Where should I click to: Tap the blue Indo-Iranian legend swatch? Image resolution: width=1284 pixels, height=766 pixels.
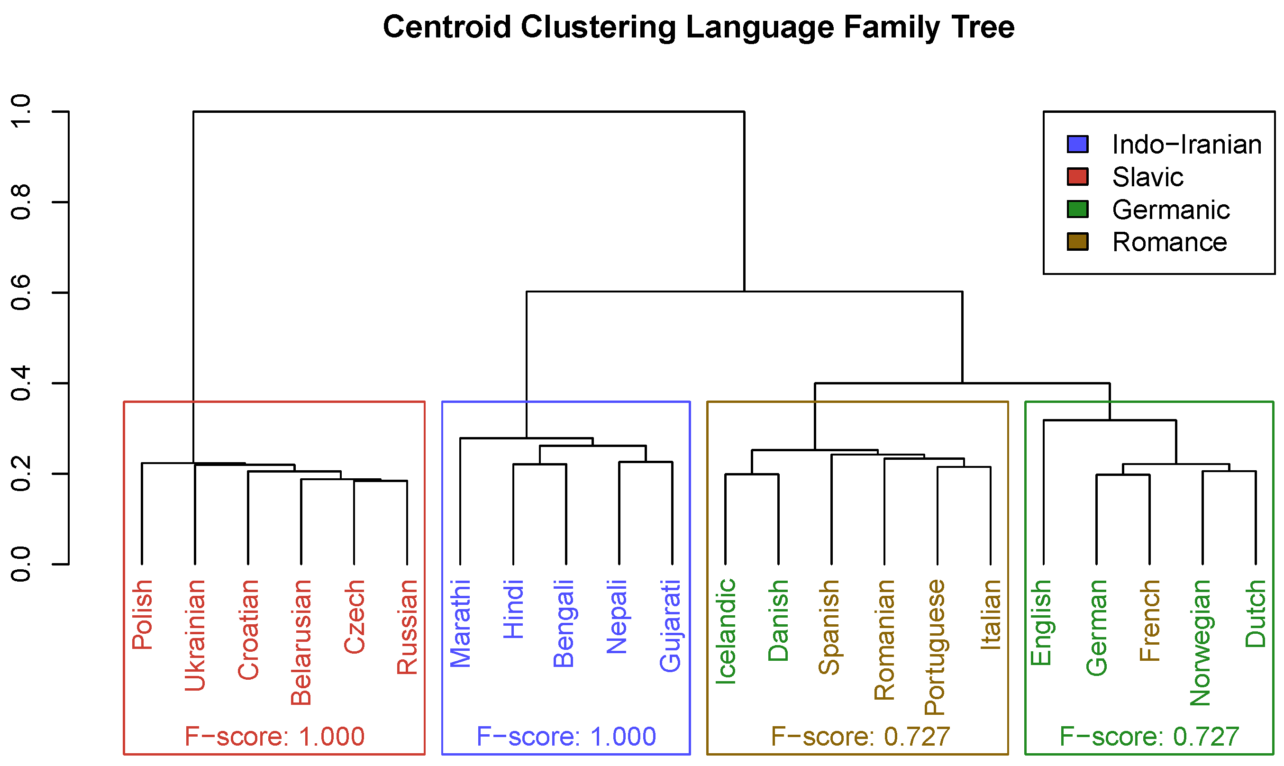coord(1077,144)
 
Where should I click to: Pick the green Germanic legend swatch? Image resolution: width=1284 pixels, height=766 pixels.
coord(1077,209)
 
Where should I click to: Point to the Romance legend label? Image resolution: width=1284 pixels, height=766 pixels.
coord(1169,242)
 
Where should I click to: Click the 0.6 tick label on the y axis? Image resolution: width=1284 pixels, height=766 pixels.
coord(21,292)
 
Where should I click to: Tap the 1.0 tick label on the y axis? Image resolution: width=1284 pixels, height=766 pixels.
coord(21,111)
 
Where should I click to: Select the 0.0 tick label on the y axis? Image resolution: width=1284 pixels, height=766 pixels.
coord(21,564)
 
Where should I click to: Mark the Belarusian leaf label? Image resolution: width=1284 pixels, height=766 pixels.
coord(301,642)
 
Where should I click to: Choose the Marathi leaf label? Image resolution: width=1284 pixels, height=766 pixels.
coord(460,623)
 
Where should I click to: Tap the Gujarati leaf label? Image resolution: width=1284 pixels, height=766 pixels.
coord(670,626)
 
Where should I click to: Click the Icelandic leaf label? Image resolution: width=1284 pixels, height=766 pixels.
coord(726,632)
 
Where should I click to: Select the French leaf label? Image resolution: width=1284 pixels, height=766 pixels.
coord(1150,620)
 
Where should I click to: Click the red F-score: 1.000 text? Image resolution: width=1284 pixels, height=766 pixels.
coord(274,737)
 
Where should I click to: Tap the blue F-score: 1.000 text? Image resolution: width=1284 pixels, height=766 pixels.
coord(565,737)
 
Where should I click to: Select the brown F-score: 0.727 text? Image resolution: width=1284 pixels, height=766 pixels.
coord(860,737)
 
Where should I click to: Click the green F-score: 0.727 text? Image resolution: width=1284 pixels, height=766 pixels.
coord(1149,737)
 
